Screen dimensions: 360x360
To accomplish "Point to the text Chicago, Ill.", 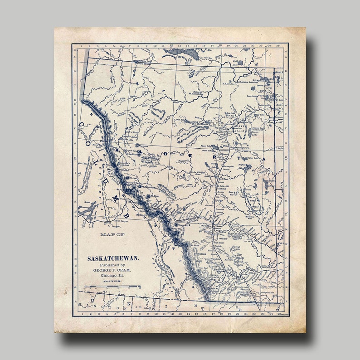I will tap(113, 275).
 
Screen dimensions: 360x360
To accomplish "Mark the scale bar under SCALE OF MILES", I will tap(112, 287).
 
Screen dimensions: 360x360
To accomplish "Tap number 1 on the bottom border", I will tap(82, 313).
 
